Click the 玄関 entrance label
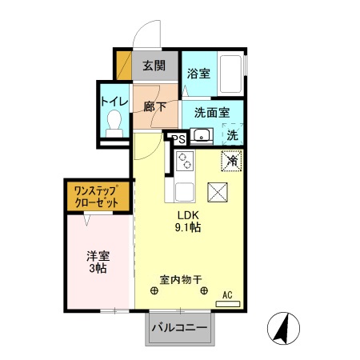(x=154, y=66)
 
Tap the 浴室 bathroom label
(x=198, y=73)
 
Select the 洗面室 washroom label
(x=210, y=113)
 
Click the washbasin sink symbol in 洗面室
(x=201, y=135)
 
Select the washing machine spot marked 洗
(x=230, y=134)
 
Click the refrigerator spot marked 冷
(x=231, y=160)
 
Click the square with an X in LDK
(x=218, y=193)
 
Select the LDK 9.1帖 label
(x=189, y=222)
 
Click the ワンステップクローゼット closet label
(x=97, y=196)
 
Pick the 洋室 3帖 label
(x=98, y=262)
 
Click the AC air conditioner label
(x=226, y=295)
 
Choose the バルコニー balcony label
(x=180, y=328)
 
